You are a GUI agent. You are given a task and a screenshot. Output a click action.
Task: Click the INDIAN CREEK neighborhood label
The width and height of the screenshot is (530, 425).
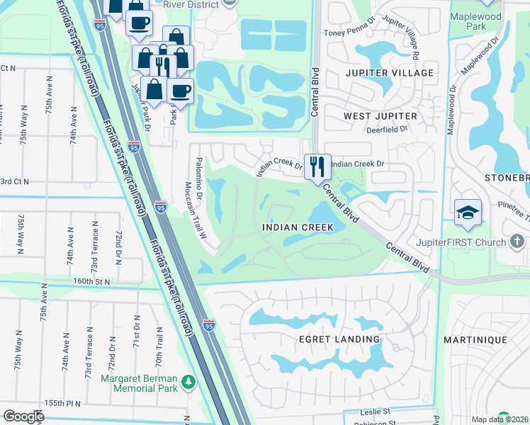click(298, 227)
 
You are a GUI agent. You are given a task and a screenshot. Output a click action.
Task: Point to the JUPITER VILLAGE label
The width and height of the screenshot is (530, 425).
click(389, 73)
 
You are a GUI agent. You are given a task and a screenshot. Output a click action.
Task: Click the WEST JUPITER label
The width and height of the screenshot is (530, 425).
click(380, 115)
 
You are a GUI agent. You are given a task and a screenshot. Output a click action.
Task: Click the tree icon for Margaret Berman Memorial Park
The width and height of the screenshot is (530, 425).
click(188, 382)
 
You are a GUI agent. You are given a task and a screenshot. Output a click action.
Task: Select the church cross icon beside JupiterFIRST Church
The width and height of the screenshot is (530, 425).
click(517, 242)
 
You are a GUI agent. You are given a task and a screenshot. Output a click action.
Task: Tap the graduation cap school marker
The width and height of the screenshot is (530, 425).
click(468, 212)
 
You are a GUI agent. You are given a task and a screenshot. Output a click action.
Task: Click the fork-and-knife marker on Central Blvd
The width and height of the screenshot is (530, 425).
click(317, 167)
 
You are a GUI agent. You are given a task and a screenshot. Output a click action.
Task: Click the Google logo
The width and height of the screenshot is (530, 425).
click(23, 416)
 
